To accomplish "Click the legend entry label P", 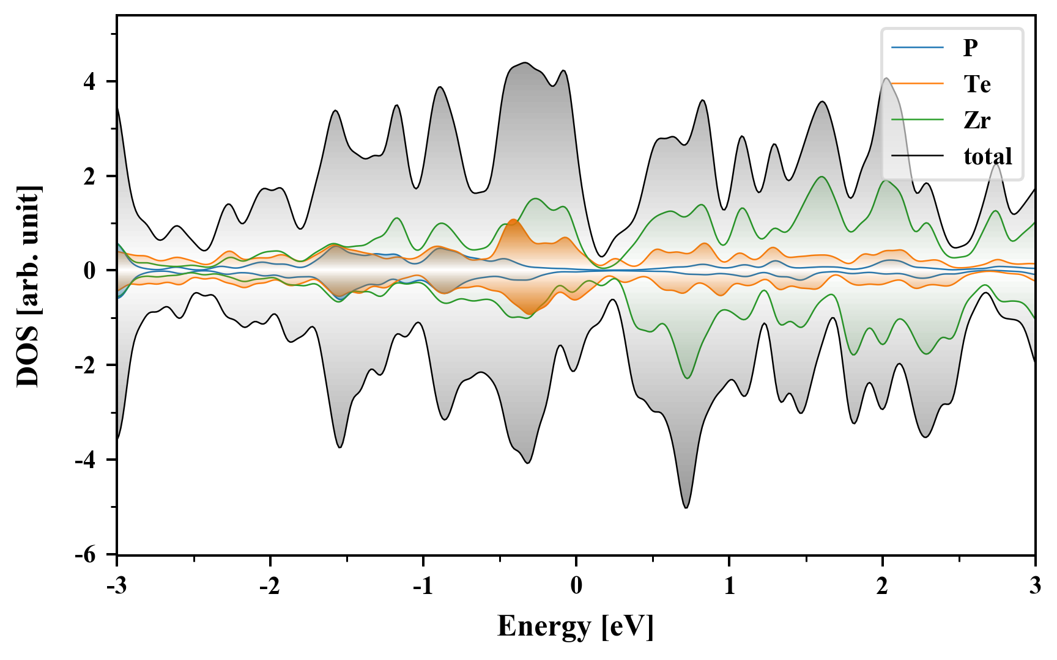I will coord(970,48).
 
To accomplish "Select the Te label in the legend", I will coord(977,84).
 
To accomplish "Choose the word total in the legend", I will coord(988,156).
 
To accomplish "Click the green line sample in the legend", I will coord(918,120).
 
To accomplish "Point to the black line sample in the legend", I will coord(918,156).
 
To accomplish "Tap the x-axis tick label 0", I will coord(576,585).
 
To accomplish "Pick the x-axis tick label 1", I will coord(729,585).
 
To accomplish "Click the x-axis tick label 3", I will coord(1035,585).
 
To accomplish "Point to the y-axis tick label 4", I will coord(90,82).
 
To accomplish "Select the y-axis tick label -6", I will coord(86,554).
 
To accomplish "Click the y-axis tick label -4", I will coord(86,460).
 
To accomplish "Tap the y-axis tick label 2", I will coord(90,176).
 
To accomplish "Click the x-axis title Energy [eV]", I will coord(576,626).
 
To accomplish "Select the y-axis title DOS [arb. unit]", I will coord(28,285).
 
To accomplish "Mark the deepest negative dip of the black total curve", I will coord(686,507).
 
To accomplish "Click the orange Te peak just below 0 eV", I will coord(513,220).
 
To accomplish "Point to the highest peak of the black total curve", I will coord(525,63).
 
